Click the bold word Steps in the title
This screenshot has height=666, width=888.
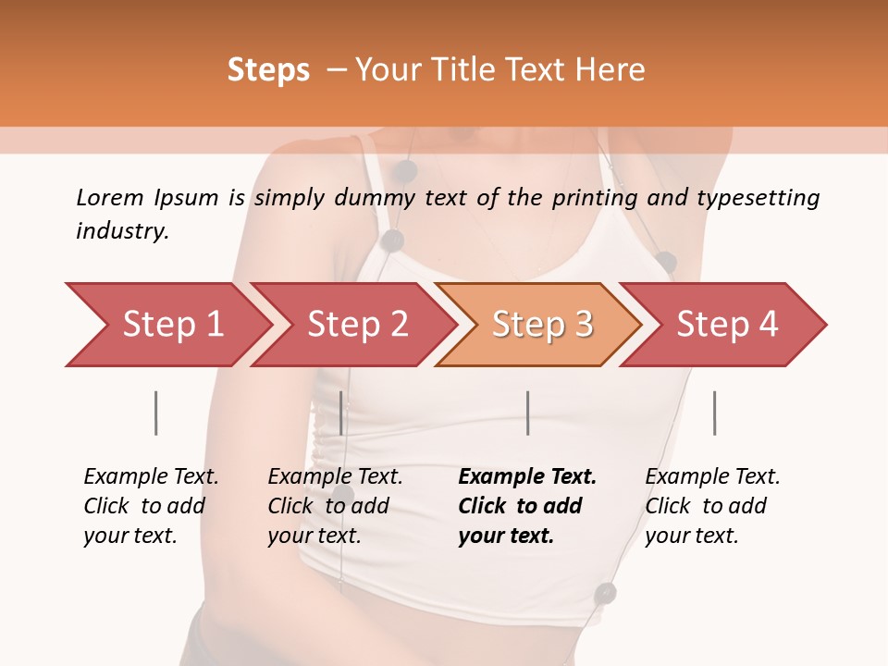pyautogui.click(x=268, y=69)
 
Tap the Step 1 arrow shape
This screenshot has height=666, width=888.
pyautogui.click(x=172, y=325)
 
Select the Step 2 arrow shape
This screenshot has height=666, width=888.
pyautogui.click(x=357, y=325)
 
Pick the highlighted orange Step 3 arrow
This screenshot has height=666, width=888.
pyautogui.click(x=542, y=325)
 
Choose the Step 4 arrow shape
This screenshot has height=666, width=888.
pyautogui.click(x=727, y=325)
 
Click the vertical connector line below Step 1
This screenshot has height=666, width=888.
pyautogui.click(x=156, y=413)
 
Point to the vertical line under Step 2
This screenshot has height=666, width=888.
pyautogui.click(x=341, y=413)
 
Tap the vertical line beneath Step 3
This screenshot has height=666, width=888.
pyautogui.click(x=527, y=413)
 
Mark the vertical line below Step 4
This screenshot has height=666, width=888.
pyautogui.click(x=714, y=413)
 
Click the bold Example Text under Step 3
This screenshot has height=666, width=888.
pyautogui.click(x=527, y=506)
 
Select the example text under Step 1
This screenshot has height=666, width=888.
pyautogui.click(x=152, y=506)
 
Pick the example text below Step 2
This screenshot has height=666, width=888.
pyautogui.click(x=336, y=506)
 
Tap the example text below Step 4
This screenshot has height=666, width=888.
pyautogui.click(x=712, y=506)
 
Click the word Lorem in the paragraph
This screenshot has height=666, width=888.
pyautogui.click(x=110, y=197)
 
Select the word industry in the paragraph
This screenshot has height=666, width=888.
pyautogui.click(x=121, y=231)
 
